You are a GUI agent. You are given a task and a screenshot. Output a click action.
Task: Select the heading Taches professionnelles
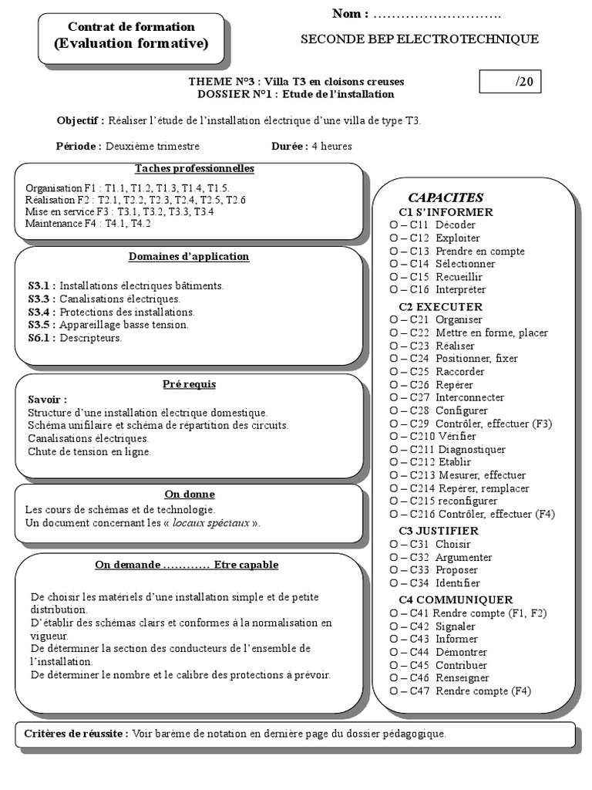[x=194, y=168]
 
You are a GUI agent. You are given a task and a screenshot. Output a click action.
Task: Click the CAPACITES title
[x=446, y=197]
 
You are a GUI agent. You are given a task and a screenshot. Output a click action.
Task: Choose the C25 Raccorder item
[x=437, y=371]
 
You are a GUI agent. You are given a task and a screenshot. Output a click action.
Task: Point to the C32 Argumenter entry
[x=441, y=557]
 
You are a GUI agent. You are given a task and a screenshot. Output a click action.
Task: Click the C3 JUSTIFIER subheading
[x=439, y=531]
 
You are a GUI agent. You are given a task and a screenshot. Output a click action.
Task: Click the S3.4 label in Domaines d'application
[x=42, y=312]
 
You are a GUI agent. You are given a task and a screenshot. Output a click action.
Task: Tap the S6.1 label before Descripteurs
[x=42, y=338]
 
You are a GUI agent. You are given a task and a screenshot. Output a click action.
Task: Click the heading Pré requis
[x=190, y=384]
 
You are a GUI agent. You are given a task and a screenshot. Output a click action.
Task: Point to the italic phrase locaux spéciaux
[x=210, y=523]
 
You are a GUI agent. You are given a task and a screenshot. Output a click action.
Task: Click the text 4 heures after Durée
[x=331, y=146]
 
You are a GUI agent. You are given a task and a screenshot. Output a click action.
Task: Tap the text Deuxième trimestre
[x=152, y=146]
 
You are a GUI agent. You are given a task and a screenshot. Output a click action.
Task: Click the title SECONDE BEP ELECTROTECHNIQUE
[x=419, y=39]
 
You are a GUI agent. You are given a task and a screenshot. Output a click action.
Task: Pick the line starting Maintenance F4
[x=88, y=224]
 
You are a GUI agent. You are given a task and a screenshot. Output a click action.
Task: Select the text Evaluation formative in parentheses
[x=131, y=44]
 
